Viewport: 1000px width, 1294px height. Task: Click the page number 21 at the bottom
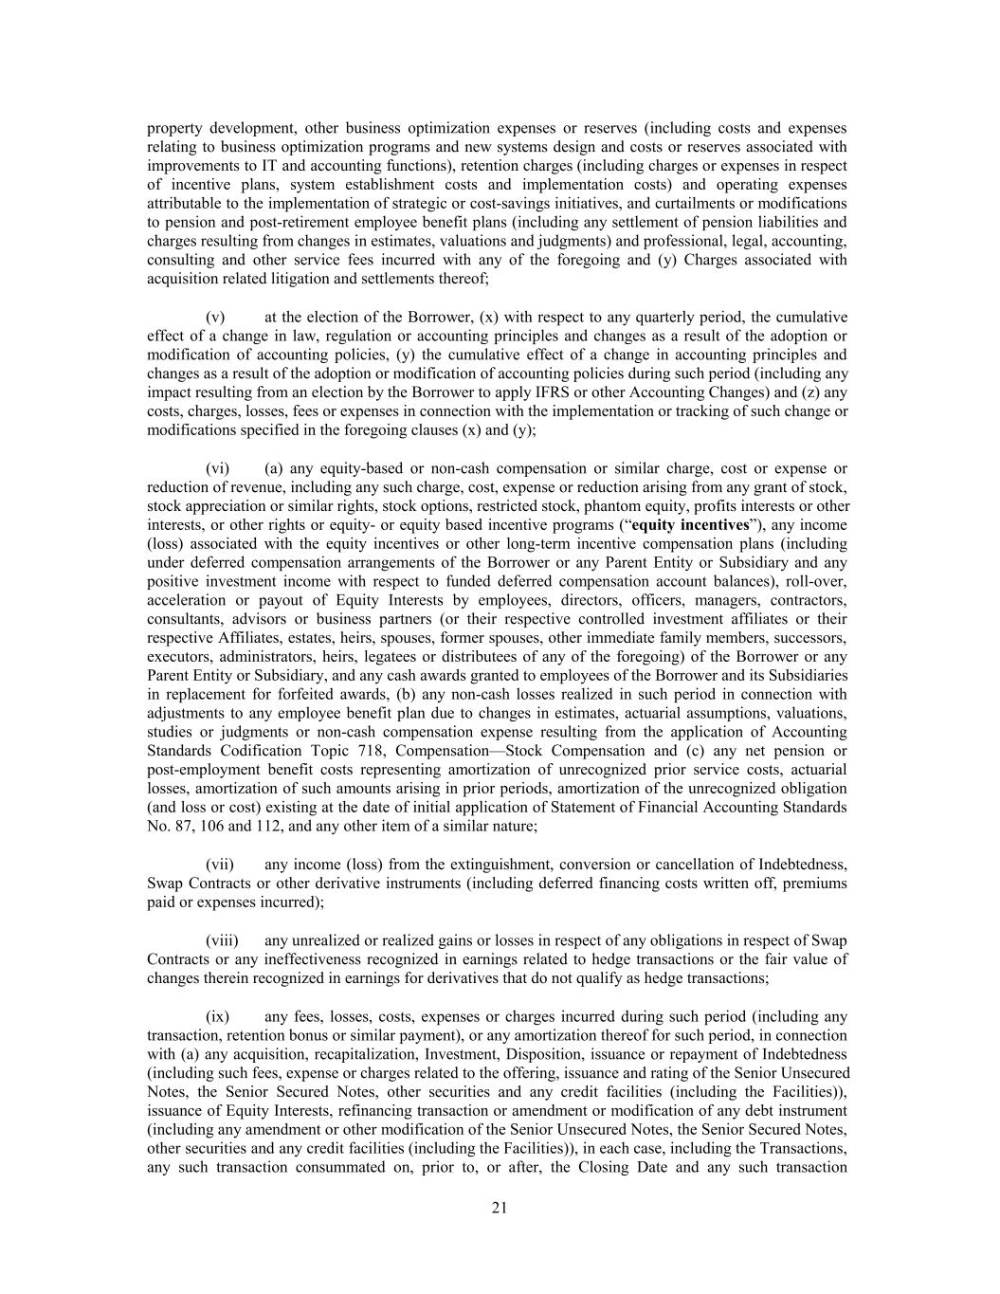(x=500, y=1207)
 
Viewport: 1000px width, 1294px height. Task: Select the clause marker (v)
(x=215, y=317)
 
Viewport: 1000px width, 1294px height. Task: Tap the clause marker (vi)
(x=217, y=468)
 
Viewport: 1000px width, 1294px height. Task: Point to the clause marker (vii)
(x=219, y=865)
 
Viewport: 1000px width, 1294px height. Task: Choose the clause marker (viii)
(x=221, y=940)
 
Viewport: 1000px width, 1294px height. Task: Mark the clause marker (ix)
(x=217, y=1016)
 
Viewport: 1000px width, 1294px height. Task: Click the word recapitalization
(x=348, y=1054)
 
